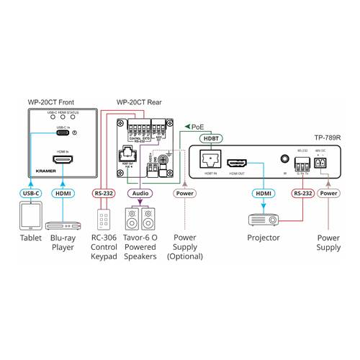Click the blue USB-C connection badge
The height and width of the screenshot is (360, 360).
(x=30, y=194)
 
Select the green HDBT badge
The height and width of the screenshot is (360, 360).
(x=212, y=138)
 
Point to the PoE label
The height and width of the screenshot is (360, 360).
(x=197, y=126)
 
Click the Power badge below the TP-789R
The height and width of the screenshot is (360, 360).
(x=328, y=194)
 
